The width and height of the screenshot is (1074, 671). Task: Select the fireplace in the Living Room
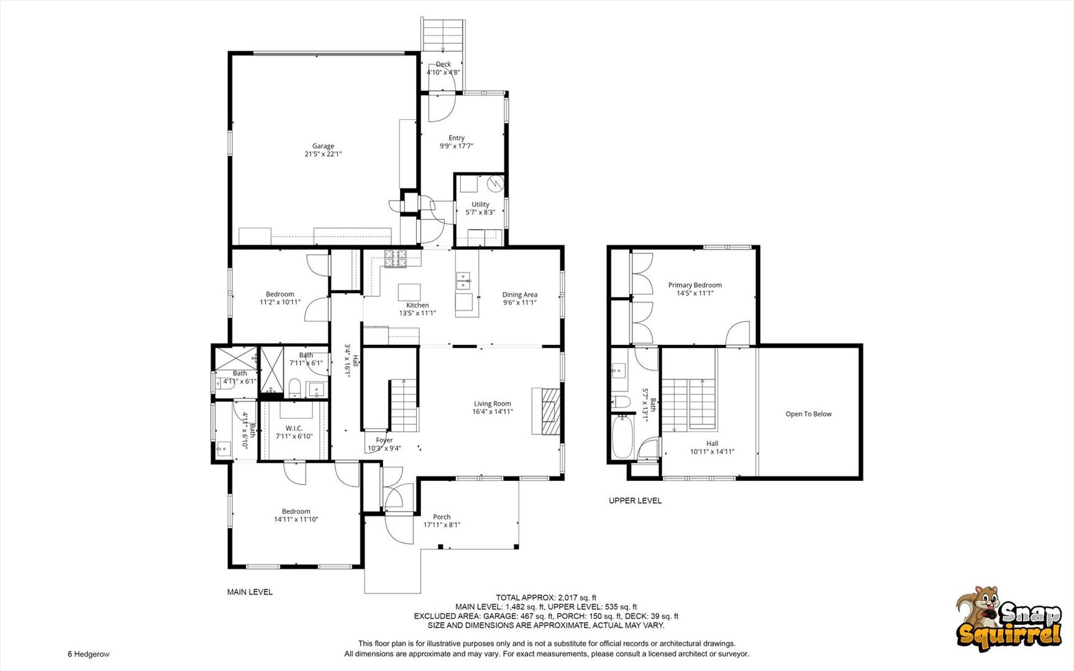tap(546, 411)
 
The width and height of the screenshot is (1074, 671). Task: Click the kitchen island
tap(409, 292)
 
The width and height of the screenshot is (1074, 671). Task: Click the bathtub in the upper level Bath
tap(622, 437)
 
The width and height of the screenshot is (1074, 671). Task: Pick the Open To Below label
tap(808, 414)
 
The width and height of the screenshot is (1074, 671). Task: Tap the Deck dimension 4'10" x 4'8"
tap(444, 72)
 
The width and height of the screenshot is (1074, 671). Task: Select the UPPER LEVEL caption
tap(635, 500)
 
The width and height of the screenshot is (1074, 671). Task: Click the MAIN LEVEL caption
tap(250, 592)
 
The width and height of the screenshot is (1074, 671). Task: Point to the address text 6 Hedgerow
tap(89, 654)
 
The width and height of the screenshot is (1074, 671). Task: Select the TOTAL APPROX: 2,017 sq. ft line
tap(546, 598)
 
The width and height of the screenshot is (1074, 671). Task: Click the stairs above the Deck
tap(443, 35)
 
